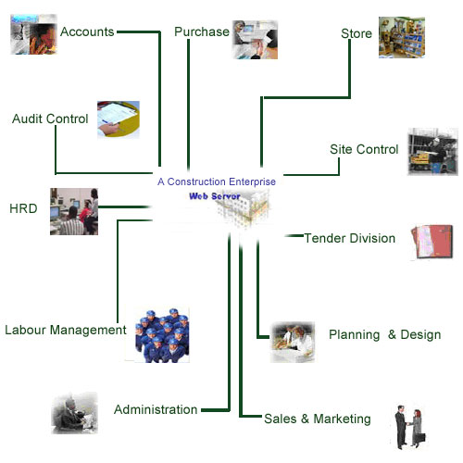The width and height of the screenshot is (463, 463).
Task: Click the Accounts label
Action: pos(87,31)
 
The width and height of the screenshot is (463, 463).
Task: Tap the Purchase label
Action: pos(201,31)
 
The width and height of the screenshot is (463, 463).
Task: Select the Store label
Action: pos(357,34)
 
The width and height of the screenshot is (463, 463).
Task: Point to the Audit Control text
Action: pos(50,119)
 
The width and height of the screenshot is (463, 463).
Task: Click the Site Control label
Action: pos(364,149)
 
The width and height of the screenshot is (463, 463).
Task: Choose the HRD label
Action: pos(22,208)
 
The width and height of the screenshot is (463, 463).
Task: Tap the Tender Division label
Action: pos(350,238)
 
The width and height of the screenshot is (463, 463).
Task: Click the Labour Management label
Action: pos(65,330)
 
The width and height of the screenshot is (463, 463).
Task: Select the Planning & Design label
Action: pos(384,334)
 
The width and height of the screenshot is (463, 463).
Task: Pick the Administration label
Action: pos(156,409)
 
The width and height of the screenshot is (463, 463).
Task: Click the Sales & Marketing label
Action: pos(318,419)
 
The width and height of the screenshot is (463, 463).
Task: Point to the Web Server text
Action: pos(215,196)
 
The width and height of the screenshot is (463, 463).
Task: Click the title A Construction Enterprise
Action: pos(217,182)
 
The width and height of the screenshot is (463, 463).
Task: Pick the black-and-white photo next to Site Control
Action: pos(432,152)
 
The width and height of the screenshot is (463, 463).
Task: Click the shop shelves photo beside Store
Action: pos(401,37)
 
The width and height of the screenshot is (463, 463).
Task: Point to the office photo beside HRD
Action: pos(74,210)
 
